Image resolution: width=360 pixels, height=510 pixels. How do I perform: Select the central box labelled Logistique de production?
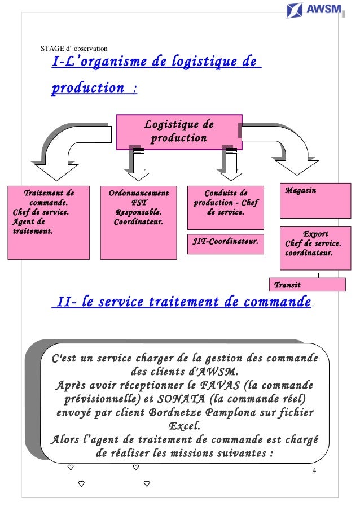(179, 132)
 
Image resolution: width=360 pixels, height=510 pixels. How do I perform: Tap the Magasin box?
(315, 200)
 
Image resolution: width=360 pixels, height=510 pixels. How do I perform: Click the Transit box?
(307, 285)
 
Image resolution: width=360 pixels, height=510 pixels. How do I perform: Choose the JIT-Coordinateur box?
(226, 243)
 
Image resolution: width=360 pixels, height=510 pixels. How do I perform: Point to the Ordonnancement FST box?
(138, 223)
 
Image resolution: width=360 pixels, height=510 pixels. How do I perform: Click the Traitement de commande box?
(49, 223)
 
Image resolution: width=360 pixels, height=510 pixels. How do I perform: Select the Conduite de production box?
(226, 207)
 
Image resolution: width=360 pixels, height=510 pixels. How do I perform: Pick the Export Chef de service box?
(315, 248)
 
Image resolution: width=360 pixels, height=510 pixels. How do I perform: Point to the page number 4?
(314, 470)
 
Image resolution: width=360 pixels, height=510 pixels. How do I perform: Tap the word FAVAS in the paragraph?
(219, 385)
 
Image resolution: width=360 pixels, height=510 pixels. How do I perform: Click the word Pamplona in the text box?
(231, 412)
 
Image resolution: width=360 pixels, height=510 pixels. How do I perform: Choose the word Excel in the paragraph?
(184, 426)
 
